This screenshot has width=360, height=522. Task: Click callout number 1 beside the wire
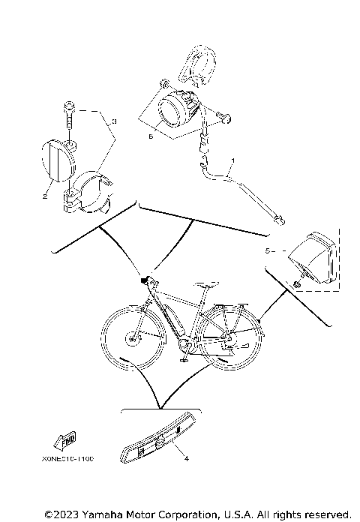(233, 161)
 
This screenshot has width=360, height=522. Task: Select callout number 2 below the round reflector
(45, 196)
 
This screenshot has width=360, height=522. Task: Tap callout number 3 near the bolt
(113, 121)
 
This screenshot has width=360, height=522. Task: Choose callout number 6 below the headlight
(151, 136)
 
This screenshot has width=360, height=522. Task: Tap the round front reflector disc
(55, 160)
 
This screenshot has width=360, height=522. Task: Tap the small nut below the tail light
(298, 286)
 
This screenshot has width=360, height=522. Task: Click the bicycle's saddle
(208, 286)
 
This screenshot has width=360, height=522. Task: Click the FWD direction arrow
(64, 440)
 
